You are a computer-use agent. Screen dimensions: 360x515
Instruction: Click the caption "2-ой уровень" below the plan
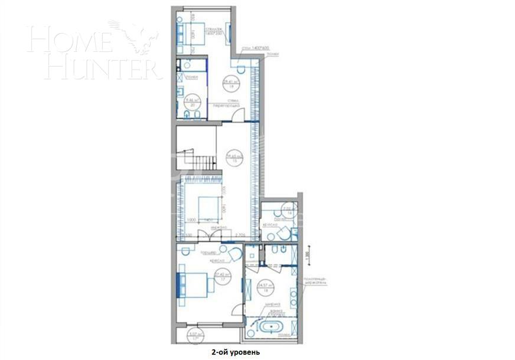pos(234,352)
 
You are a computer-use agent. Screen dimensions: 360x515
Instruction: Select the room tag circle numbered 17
pos(221,277)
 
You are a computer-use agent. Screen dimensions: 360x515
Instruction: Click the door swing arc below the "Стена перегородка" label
pos(236,117)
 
